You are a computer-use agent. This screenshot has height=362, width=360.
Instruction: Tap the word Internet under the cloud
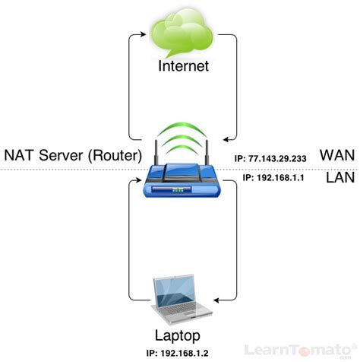(x=182, y=67)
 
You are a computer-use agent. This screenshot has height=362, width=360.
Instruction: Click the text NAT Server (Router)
(x=73, y=155)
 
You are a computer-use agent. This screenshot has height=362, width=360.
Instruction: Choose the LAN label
(x=335, y=178)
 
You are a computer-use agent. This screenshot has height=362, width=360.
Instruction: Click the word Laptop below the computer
(x=180, y=334)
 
